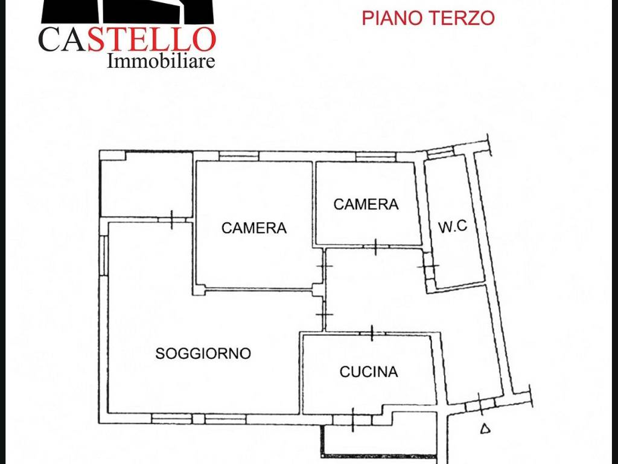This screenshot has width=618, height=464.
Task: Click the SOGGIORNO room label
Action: click(203, 353)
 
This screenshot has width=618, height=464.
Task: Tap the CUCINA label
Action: click(369, 372)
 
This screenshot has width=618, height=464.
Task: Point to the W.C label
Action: click(453, 226)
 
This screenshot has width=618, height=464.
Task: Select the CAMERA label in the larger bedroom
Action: click(254, 228)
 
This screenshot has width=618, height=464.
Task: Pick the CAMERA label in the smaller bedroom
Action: click(366, 204)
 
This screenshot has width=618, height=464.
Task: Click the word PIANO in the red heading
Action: click(391, 18)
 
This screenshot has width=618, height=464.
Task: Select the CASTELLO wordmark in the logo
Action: click(127, 40)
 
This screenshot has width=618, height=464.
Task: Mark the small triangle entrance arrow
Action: click(486, 428)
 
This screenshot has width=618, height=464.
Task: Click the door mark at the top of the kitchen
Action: click(372, 333)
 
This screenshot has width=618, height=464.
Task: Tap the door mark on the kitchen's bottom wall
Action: click(352, 419)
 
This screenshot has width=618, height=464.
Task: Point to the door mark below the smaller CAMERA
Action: click(375, 247)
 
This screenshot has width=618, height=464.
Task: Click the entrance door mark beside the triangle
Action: click(480, 404)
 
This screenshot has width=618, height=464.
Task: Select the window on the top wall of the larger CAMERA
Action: click(239, 156)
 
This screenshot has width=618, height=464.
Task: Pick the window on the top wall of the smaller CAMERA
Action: click(375, 156)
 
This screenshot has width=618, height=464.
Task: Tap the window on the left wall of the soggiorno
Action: click(103, 256)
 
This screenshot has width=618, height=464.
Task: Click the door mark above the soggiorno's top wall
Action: click(172, 219)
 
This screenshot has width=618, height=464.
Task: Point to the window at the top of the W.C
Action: click(440, 152)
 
